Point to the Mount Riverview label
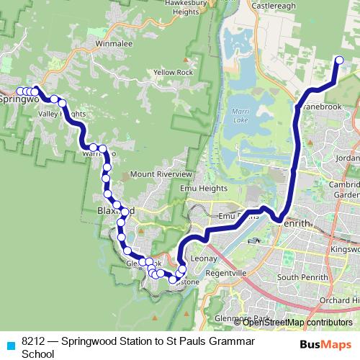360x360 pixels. click(161, 174)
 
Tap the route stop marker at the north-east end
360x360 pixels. click(340, 60)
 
